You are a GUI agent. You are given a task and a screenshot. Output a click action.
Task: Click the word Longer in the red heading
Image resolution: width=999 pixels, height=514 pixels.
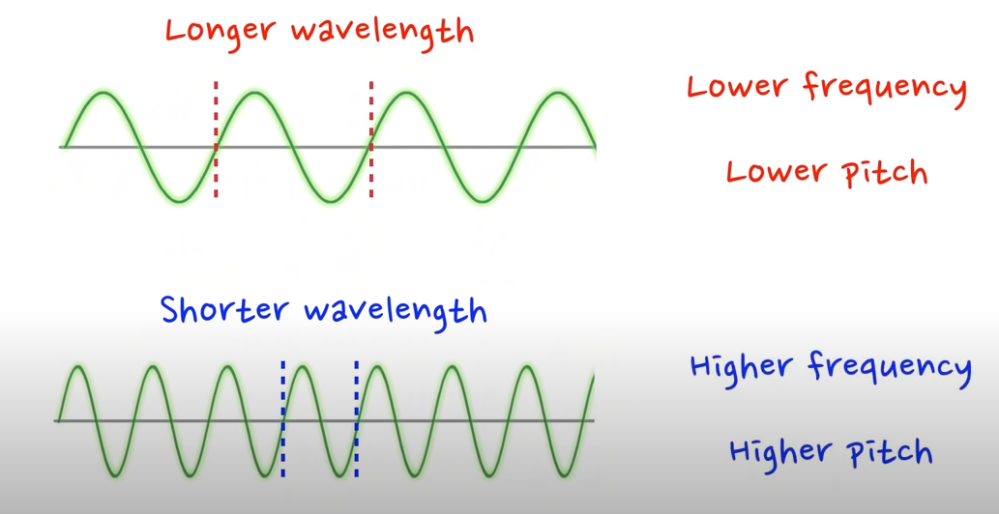click(221, 30)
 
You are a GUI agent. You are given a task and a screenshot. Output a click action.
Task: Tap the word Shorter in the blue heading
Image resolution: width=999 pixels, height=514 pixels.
click(223, 311)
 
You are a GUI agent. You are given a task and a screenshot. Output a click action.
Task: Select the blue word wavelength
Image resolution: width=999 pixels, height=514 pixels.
click(395, 311)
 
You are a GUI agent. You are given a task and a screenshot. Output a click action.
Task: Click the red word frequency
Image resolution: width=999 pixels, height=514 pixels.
click(885, 87)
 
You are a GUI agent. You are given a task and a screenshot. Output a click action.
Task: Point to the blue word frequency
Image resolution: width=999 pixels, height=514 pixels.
click(889, 367)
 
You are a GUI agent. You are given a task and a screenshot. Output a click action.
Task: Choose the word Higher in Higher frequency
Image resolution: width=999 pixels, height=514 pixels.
click(743, 367)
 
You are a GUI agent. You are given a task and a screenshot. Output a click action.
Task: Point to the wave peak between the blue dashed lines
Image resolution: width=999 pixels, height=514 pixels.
click(301, 366)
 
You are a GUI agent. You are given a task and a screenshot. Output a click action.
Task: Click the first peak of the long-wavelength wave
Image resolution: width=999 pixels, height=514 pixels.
click(102, 94)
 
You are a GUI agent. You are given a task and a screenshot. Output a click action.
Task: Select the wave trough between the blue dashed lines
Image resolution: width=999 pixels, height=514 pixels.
click(338, 474)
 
